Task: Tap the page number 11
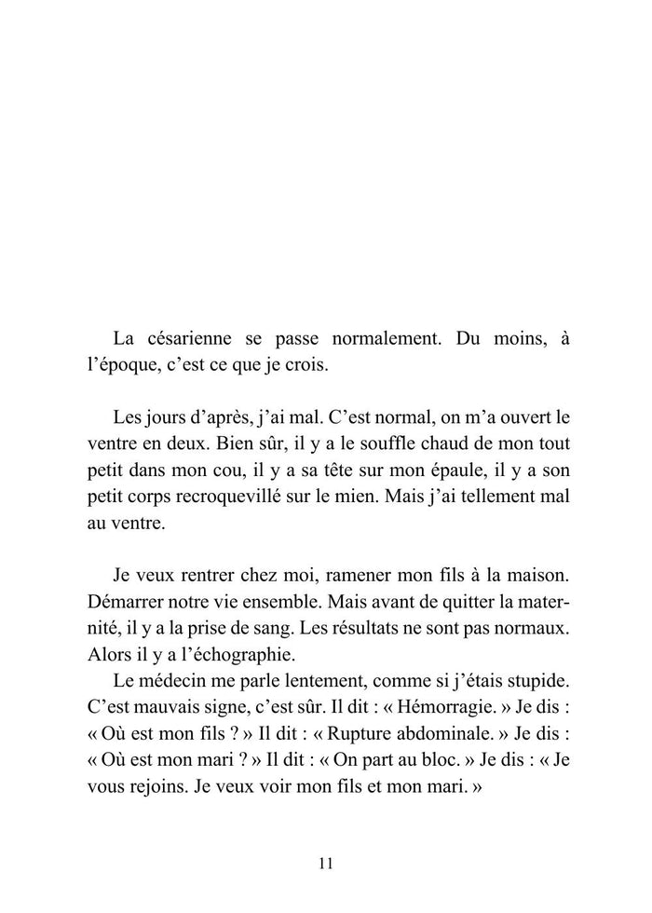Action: pyautogui.click(x=325, y=863)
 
